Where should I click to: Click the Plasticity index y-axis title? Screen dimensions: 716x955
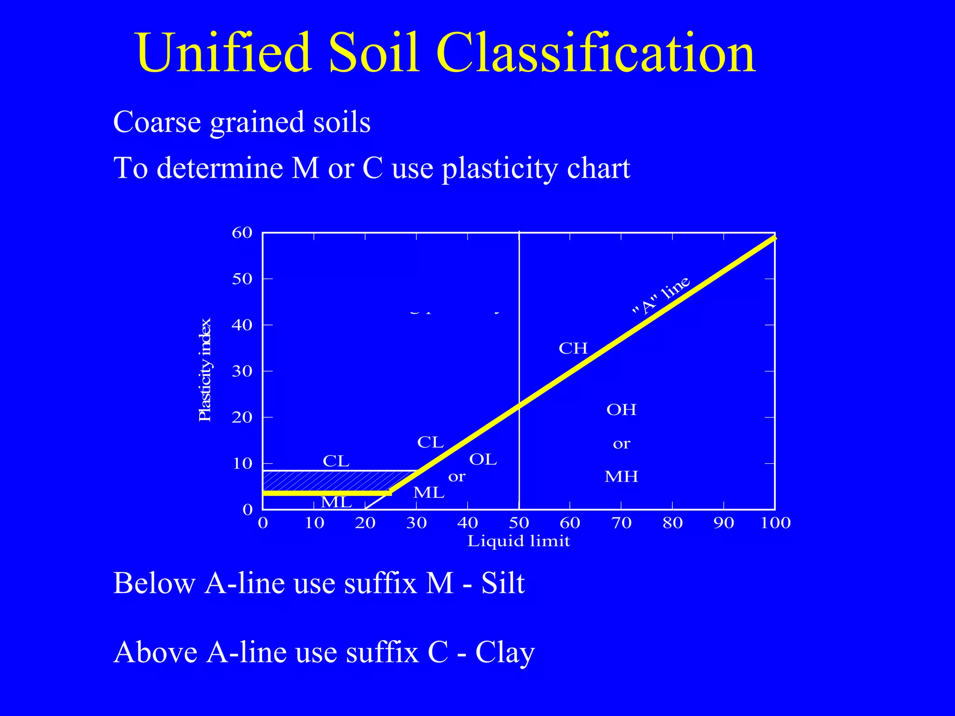tap(205, 370)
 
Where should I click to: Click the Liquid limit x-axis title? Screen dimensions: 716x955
tap(519, 541)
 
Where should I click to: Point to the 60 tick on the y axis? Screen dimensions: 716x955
tap(242, 233)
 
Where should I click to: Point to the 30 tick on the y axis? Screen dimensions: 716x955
tap(242, 372)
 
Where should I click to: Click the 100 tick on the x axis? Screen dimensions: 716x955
tap(775, 523)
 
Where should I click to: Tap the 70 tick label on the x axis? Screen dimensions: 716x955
tap(621, 523)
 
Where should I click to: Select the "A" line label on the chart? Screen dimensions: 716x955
tap(661, 296)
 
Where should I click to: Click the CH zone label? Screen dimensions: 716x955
tap(573, 348)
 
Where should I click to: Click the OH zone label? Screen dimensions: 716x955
tap(621, 410)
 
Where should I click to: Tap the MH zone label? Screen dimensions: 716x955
tap(621, 476)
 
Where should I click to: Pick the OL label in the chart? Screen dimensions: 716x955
tap(483, 460)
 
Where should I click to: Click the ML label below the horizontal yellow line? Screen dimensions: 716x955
tap(336, 503)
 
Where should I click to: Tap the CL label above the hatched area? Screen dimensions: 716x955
tap(336, 461)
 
